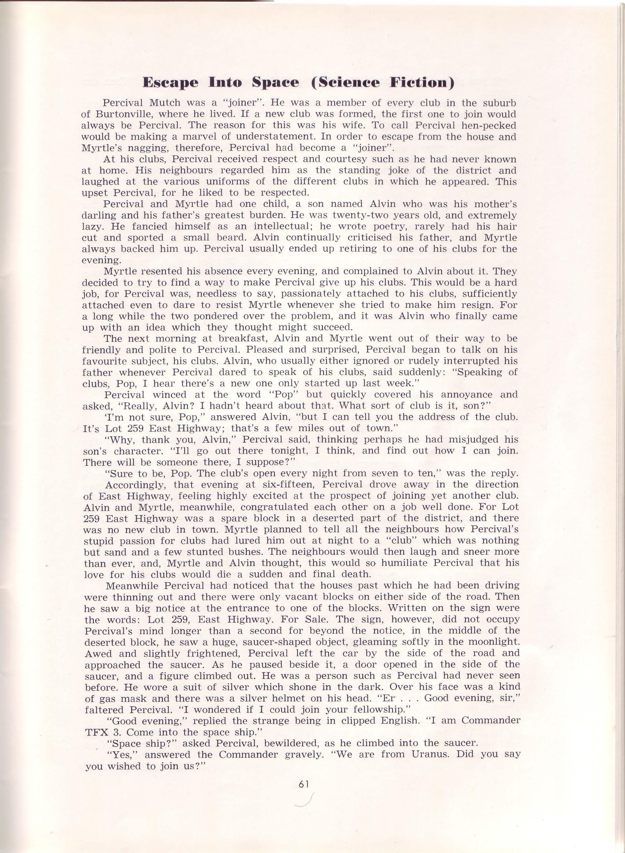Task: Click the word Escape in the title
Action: tap(170, 82)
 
